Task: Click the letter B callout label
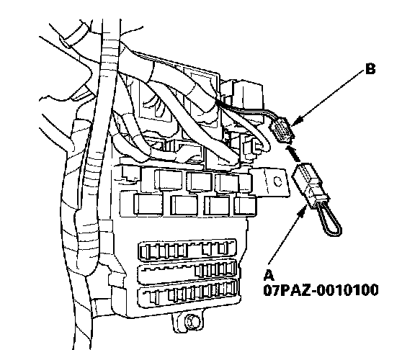coord(370,69)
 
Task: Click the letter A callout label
coord(269,275)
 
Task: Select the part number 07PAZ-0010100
coord(321,290)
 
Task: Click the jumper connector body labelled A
coord(310,185)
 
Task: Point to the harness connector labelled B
coord(281,130)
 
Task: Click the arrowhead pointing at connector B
coord(297,121)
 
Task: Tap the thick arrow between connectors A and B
coord(293,153)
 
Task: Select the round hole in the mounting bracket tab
coord(277,181)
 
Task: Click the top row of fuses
coord(187,249)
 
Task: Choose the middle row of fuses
coord(187,271)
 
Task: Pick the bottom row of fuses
coord(188,293)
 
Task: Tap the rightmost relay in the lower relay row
coord(245,205)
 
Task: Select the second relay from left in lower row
coord(184,205)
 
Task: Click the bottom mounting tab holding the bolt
coord(189,322)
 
